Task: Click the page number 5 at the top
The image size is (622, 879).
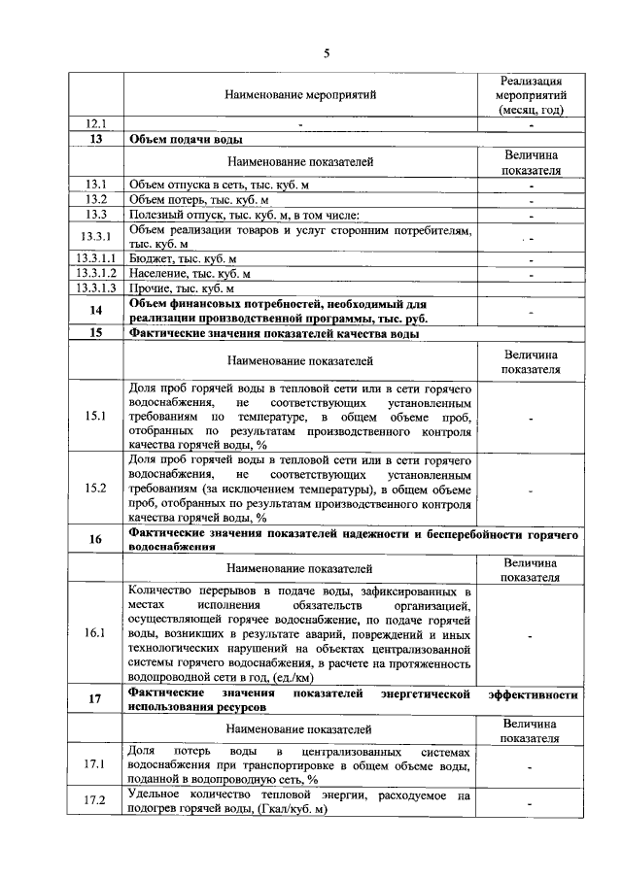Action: [326, 53]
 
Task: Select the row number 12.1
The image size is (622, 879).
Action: [95, 124]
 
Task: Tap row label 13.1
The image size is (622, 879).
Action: [95, 184]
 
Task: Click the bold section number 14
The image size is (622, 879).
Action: [95, 311]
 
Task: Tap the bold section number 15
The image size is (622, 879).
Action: [95, 333]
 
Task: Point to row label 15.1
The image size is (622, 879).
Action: [95, 416]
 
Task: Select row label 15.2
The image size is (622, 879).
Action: [95, 489]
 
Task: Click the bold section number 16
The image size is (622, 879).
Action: [95, 540]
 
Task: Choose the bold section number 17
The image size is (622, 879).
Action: [95, 700]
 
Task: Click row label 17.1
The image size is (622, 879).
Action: [95, 765]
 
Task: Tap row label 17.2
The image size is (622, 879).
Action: [95, 802]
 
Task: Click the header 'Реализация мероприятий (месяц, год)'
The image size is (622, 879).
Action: [531, 95]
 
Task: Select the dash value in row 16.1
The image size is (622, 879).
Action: [531, 633]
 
